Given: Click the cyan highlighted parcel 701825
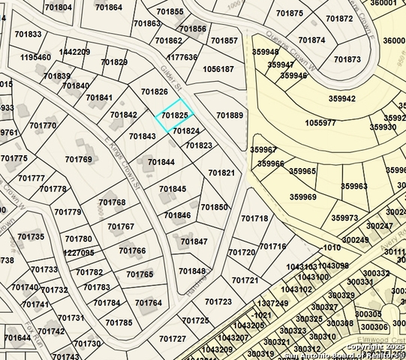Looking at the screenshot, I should (x=174, y=115).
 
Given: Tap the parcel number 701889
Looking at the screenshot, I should (x=230, y=115).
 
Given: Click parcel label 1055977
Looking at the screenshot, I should (x=322, y=123).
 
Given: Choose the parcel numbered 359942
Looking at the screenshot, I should (x=342, y=98).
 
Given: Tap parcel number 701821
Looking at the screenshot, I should (x=221, y=172).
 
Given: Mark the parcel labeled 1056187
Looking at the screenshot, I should (x=218, y=69).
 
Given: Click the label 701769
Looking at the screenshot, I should (x=78, y=159).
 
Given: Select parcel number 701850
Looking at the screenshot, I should (x=214, y=207).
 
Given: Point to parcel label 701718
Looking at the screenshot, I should (x=254, y=218).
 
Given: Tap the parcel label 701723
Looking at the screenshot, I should (x=218, y=301).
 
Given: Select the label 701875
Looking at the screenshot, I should (x=290, y=13).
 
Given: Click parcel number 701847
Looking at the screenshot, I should (x=194, y=241).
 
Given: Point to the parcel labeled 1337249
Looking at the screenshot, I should (x=272, y=303).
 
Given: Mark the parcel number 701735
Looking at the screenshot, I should (x=31, y=237).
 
